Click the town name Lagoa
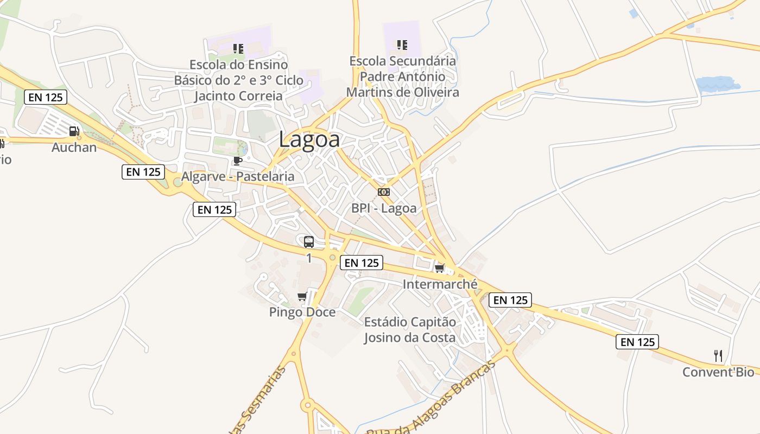(309, 139)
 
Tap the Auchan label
(74, 148)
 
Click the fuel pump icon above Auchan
(74, 131)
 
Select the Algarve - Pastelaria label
(238, 176)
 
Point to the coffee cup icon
(237, 161)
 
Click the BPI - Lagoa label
(384, 208)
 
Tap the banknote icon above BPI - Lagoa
(384, 192)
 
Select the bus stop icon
(309, 242)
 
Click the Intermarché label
(440, 284)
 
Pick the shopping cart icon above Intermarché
(440, 268)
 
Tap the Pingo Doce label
(302, 312)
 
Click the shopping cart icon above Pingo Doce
(302, 296)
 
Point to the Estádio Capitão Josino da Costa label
(410, 329)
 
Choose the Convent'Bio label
(718, 372)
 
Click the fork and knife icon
(718, 356)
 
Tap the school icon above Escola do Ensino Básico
(238, 48)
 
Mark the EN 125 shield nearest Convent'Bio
(637, 342)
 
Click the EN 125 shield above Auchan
(46, 98)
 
